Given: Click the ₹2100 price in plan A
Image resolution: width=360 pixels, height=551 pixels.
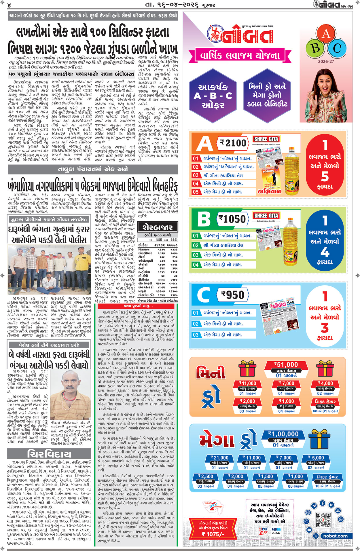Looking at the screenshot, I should tap(233, 143).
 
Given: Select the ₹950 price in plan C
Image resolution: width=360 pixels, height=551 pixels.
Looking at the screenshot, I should tap(232, 294).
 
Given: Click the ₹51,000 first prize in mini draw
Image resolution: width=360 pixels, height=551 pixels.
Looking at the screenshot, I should tap(286, 365).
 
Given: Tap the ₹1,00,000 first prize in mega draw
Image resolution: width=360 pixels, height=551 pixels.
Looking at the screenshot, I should tap(283, 434).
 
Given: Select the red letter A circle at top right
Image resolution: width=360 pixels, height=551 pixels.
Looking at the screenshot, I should tap(326, 34).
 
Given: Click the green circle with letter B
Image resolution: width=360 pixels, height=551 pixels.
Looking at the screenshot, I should tap(316, 48).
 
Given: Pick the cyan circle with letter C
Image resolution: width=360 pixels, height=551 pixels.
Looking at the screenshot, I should tap(337, 48).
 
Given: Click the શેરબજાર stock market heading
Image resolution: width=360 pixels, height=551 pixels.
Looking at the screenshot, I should tap(158, 227).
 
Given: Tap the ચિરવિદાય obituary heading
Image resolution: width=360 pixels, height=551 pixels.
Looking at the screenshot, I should tap(49, 454).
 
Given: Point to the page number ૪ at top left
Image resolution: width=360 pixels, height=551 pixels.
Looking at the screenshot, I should tap(9, 5).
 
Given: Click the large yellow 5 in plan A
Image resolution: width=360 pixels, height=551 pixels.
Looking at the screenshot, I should tap(325, 176).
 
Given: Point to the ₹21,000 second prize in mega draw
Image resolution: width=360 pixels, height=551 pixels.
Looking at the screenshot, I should tap(219, 458).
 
